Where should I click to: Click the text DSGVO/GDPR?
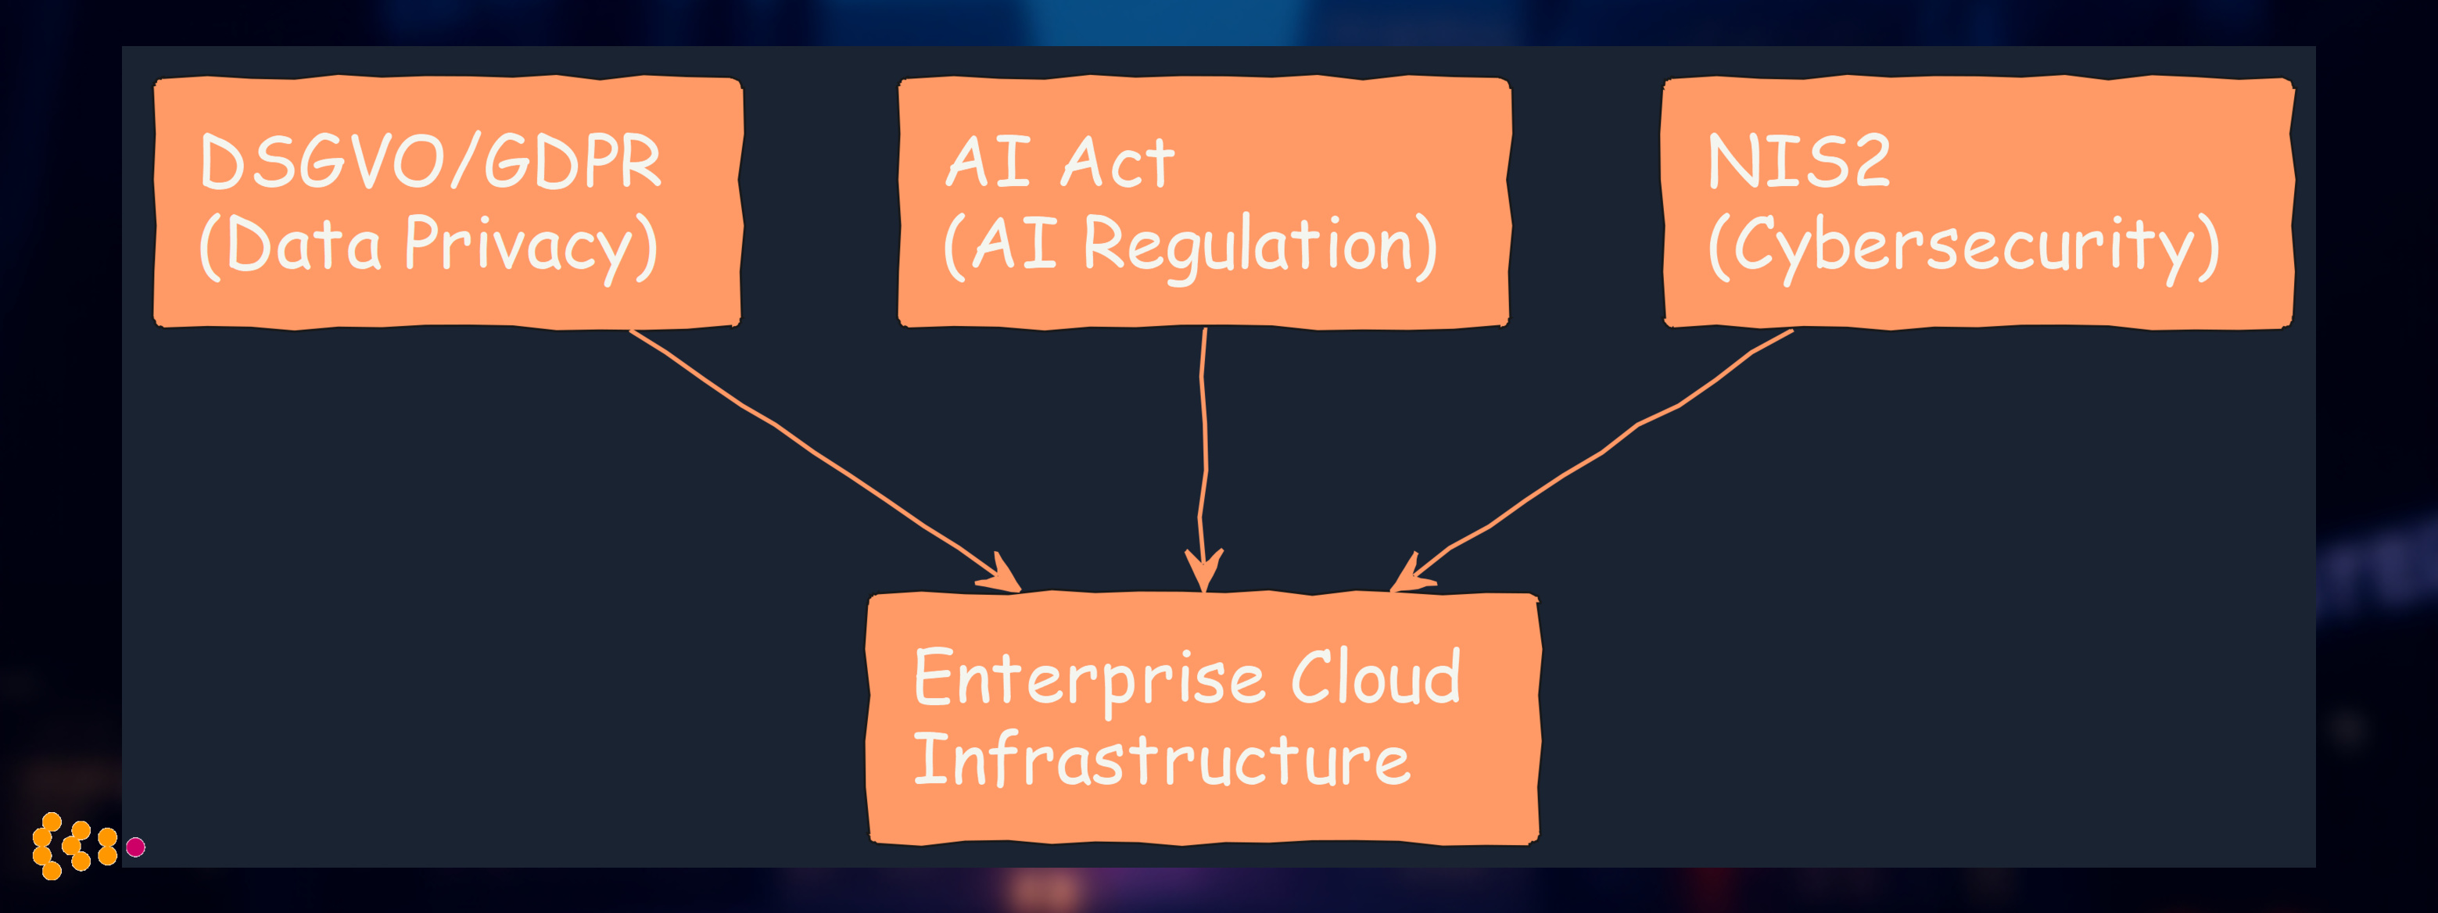(431, 162)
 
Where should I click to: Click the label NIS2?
(1798, 162)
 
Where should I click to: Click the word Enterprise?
(1089, 679)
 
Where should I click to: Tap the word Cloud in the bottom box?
(1376, 678)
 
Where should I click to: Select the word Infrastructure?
(1162, 760)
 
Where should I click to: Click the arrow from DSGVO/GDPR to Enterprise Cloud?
(814, 454)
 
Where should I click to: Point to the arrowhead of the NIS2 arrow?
(1411, 573)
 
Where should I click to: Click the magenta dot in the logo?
(136, 847)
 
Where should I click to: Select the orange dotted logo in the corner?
(73, 845)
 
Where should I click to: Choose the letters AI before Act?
(989, 163)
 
